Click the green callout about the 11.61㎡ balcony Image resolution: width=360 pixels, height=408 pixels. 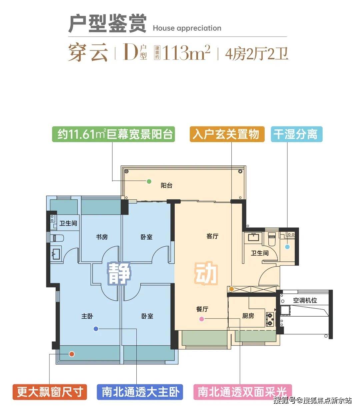click(x=113, y=134)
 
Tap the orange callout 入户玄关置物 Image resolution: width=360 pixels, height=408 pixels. click(x=227, y=134)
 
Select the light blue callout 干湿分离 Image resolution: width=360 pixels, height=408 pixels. click(x=297, y=134)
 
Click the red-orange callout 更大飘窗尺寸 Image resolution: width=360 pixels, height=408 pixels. click(x=50, y=392)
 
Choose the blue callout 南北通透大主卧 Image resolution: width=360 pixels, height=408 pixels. click(x=140, y=392)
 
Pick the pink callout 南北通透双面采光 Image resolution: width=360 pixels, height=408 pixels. click(x=243, y=392)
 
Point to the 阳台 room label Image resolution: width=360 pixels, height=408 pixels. click(x=167, y=185)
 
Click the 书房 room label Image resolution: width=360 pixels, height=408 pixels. click(x=102, y=237)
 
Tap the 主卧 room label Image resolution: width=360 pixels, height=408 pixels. click(x=87, y=316)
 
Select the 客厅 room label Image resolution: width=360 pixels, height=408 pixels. click(x=212, y=236)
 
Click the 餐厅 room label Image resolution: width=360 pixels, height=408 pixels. click(x=202, y=309)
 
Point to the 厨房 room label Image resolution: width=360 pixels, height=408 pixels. click(x=248, y=316)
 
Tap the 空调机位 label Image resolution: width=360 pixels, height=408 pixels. click(x=305, y=300)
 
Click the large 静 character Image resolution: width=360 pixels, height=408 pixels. click(x=119, y=273)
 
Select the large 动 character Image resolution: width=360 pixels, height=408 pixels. click(x=206, y=273)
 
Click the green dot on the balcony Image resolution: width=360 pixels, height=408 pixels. click(x=149, y=181)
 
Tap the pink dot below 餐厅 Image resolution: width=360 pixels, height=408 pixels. click(x=201, y=319)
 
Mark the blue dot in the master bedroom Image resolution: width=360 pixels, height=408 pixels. click(x=96, y=329)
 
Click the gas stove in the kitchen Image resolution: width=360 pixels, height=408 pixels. click(x=270, y=319)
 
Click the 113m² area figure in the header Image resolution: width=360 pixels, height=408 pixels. click(x=186, y=53)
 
